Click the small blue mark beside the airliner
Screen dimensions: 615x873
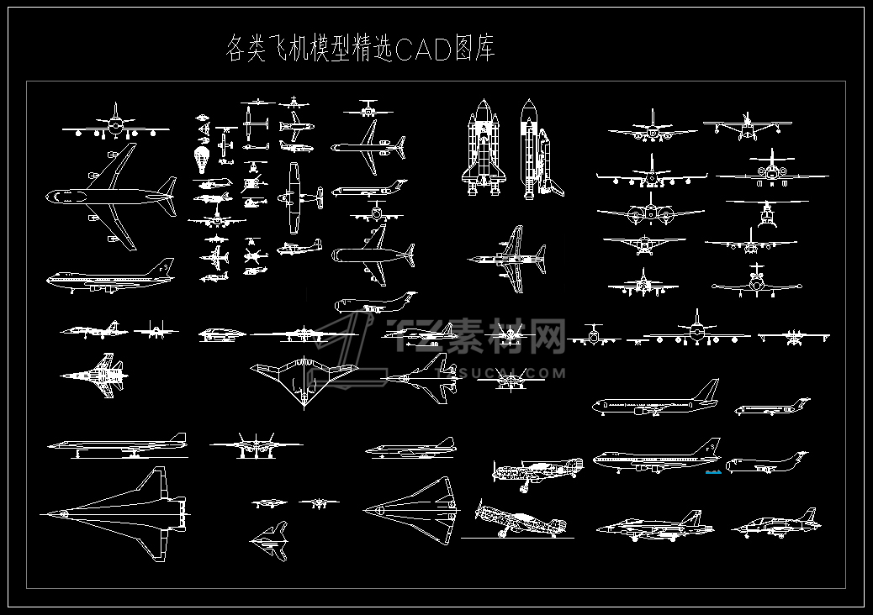713,472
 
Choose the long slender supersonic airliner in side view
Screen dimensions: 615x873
118,444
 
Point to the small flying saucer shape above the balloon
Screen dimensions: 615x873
203,118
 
